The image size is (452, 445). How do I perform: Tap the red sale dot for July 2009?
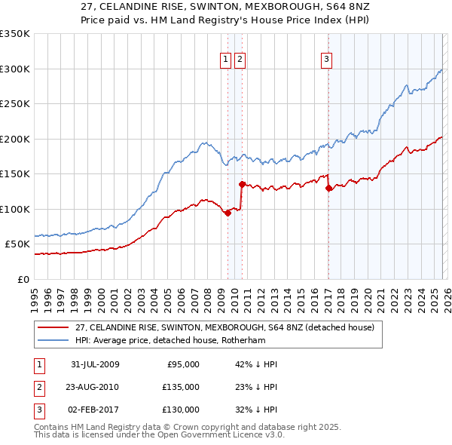(228, 213)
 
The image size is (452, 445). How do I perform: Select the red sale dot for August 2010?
(242, 184)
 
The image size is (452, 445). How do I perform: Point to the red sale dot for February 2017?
(328, 189)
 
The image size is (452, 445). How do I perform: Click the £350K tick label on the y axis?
(15, 34)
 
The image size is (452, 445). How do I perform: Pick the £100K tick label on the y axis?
(15, 209)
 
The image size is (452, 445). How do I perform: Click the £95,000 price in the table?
(182, 364)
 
